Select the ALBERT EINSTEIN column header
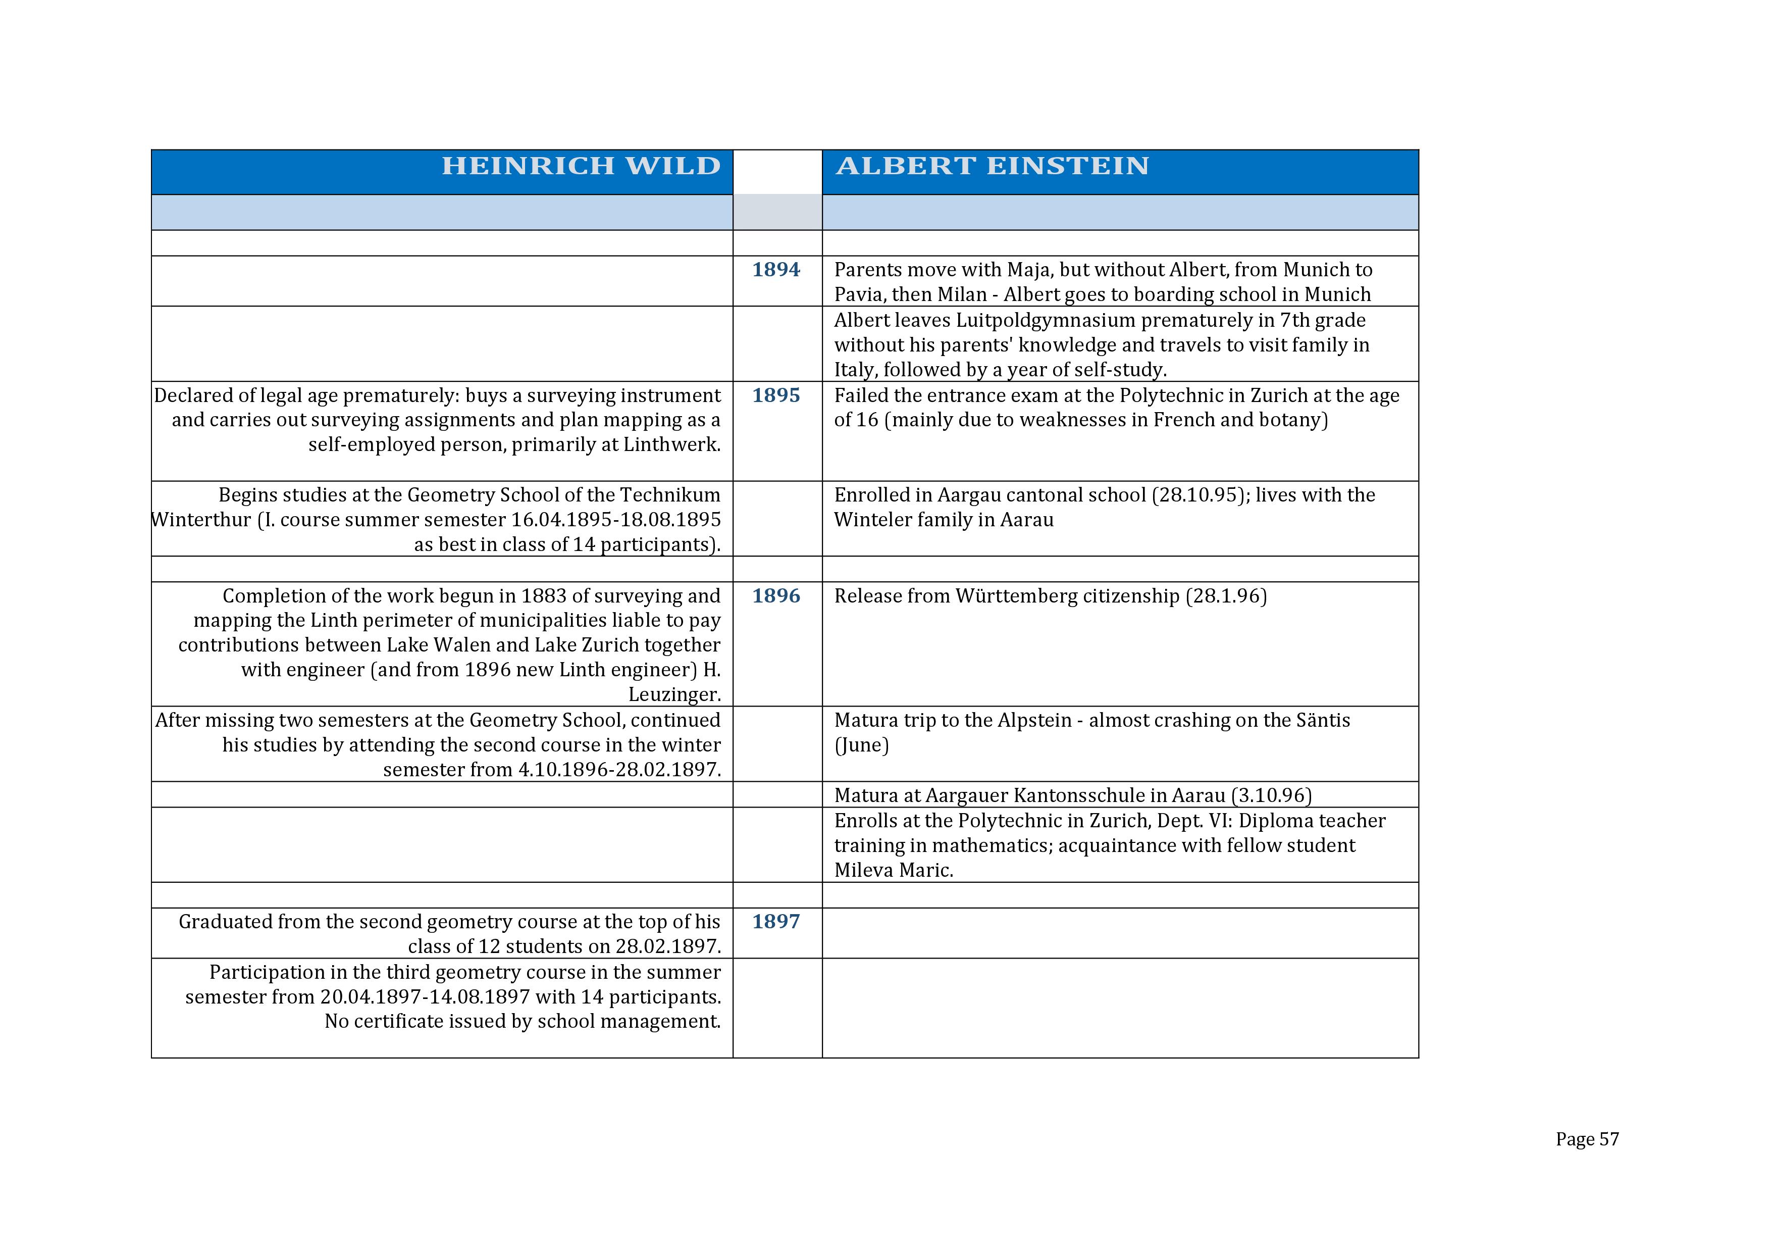pos(992,166)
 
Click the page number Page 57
pos(1587,1139)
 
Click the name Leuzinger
pos(674,694)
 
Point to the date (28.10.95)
pos(1200,494)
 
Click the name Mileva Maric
pos(893,870)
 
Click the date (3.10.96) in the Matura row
pos(1271,795)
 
